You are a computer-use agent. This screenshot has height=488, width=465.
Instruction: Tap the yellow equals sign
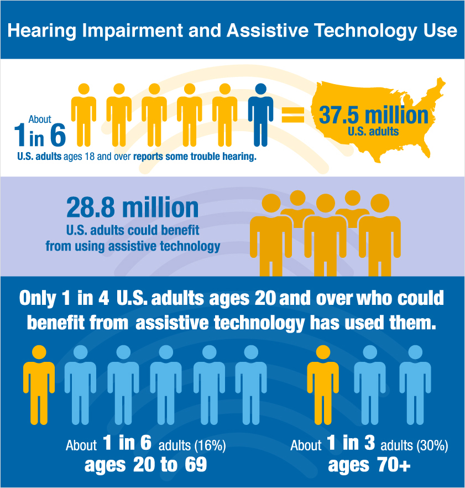click(x=293, y=115)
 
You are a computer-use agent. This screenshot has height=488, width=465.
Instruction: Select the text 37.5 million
click(x=374, y=115)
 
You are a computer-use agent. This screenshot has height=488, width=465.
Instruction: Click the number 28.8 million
click(x=132, y=207)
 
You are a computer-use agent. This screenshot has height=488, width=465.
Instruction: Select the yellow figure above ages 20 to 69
click(x=39, y=385)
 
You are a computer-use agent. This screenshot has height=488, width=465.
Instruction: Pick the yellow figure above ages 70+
click(x=323, y=385)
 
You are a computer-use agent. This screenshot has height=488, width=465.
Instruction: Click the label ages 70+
click(x=369, y=465)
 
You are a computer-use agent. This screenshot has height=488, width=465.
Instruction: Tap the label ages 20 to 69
click(x=145, y=465)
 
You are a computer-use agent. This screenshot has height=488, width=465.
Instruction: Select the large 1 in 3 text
click(x=352, y=444)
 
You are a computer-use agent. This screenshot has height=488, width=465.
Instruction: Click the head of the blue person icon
click(x=260, y=90)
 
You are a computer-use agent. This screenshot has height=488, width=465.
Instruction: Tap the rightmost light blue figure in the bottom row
click(x=415, y=385)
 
